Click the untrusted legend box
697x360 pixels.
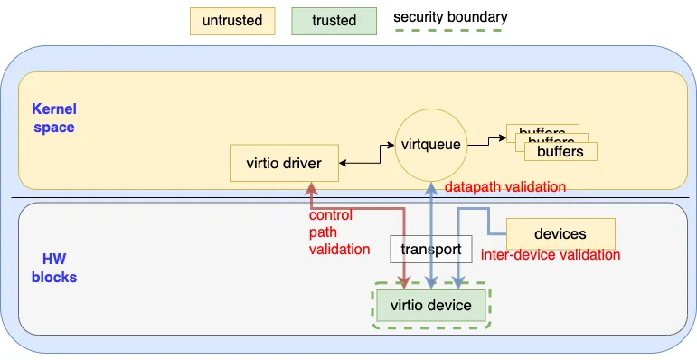[231, 21]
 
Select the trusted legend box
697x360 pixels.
[334, 21]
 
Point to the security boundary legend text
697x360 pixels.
[450, 17]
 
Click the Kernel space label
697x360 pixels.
[53, 118]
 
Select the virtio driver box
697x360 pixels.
[284, 164]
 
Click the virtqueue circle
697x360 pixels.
[430, 144]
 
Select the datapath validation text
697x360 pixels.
[505, 187]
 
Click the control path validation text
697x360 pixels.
[339, 232]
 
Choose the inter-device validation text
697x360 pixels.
[551, 255]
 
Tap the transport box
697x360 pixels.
[430, 249]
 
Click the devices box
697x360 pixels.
[560, 234]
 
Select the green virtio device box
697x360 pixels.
[430, 305]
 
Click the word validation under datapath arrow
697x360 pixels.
[534, 187]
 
